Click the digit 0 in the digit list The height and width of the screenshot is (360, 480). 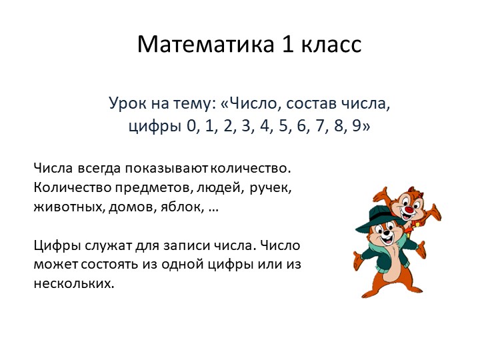coord(193,126)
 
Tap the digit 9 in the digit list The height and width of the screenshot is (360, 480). coord(365,126)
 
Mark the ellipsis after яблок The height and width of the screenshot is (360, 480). coord(213,208)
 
